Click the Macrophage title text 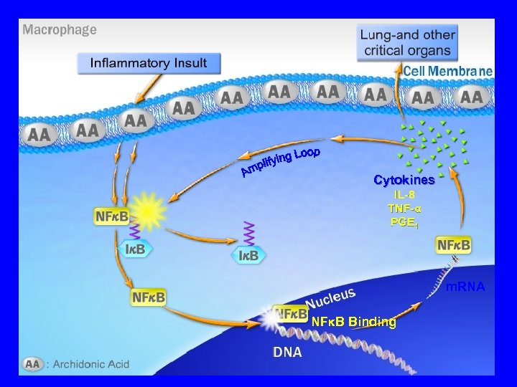60,30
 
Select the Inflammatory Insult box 148,63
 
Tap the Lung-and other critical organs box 408,42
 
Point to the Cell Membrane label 448,71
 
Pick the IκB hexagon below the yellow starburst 136,249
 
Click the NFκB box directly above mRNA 455,245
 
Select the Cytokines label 404,180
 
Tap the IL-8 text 404,194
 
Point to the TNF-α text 404,208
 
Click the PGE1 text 404,221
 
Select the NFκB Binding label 353,322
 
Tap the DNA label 287,353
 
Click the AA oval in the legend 33,363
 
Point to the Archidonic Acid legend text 89,364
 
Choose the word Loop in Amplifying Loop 307,153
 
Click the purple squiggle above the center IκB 249,233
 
